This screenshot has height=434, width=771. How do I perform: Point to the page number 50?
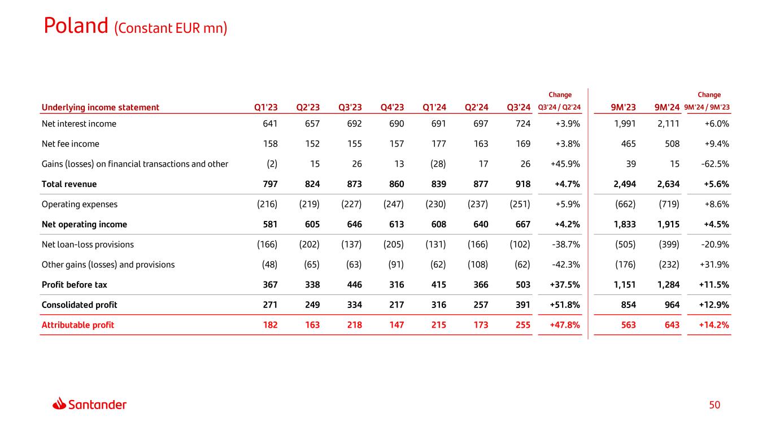click(715, 405)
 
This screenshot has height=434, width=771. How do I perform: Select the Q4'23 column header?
click(393, 107)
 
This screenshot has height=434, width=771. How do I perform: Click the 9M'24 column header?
click(667, 107)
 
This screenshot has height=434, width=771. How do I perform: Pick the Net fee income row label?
click(71, 144)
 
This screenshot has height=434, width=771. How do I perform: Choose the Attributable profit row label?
click(78, 325)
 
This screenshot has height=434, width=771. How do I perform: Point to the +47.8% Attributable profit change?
click(565, 325)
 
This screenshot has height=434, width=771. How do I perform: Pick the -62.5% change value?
click(715, 164)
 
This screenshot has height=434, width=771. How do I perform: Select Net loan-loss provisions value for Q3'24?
click(519, 245)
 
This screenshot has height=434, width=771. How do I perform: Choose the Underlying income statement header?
click(101, 107)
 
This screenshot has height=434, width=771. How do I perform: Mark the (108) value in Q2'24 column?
click(477, 264)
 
